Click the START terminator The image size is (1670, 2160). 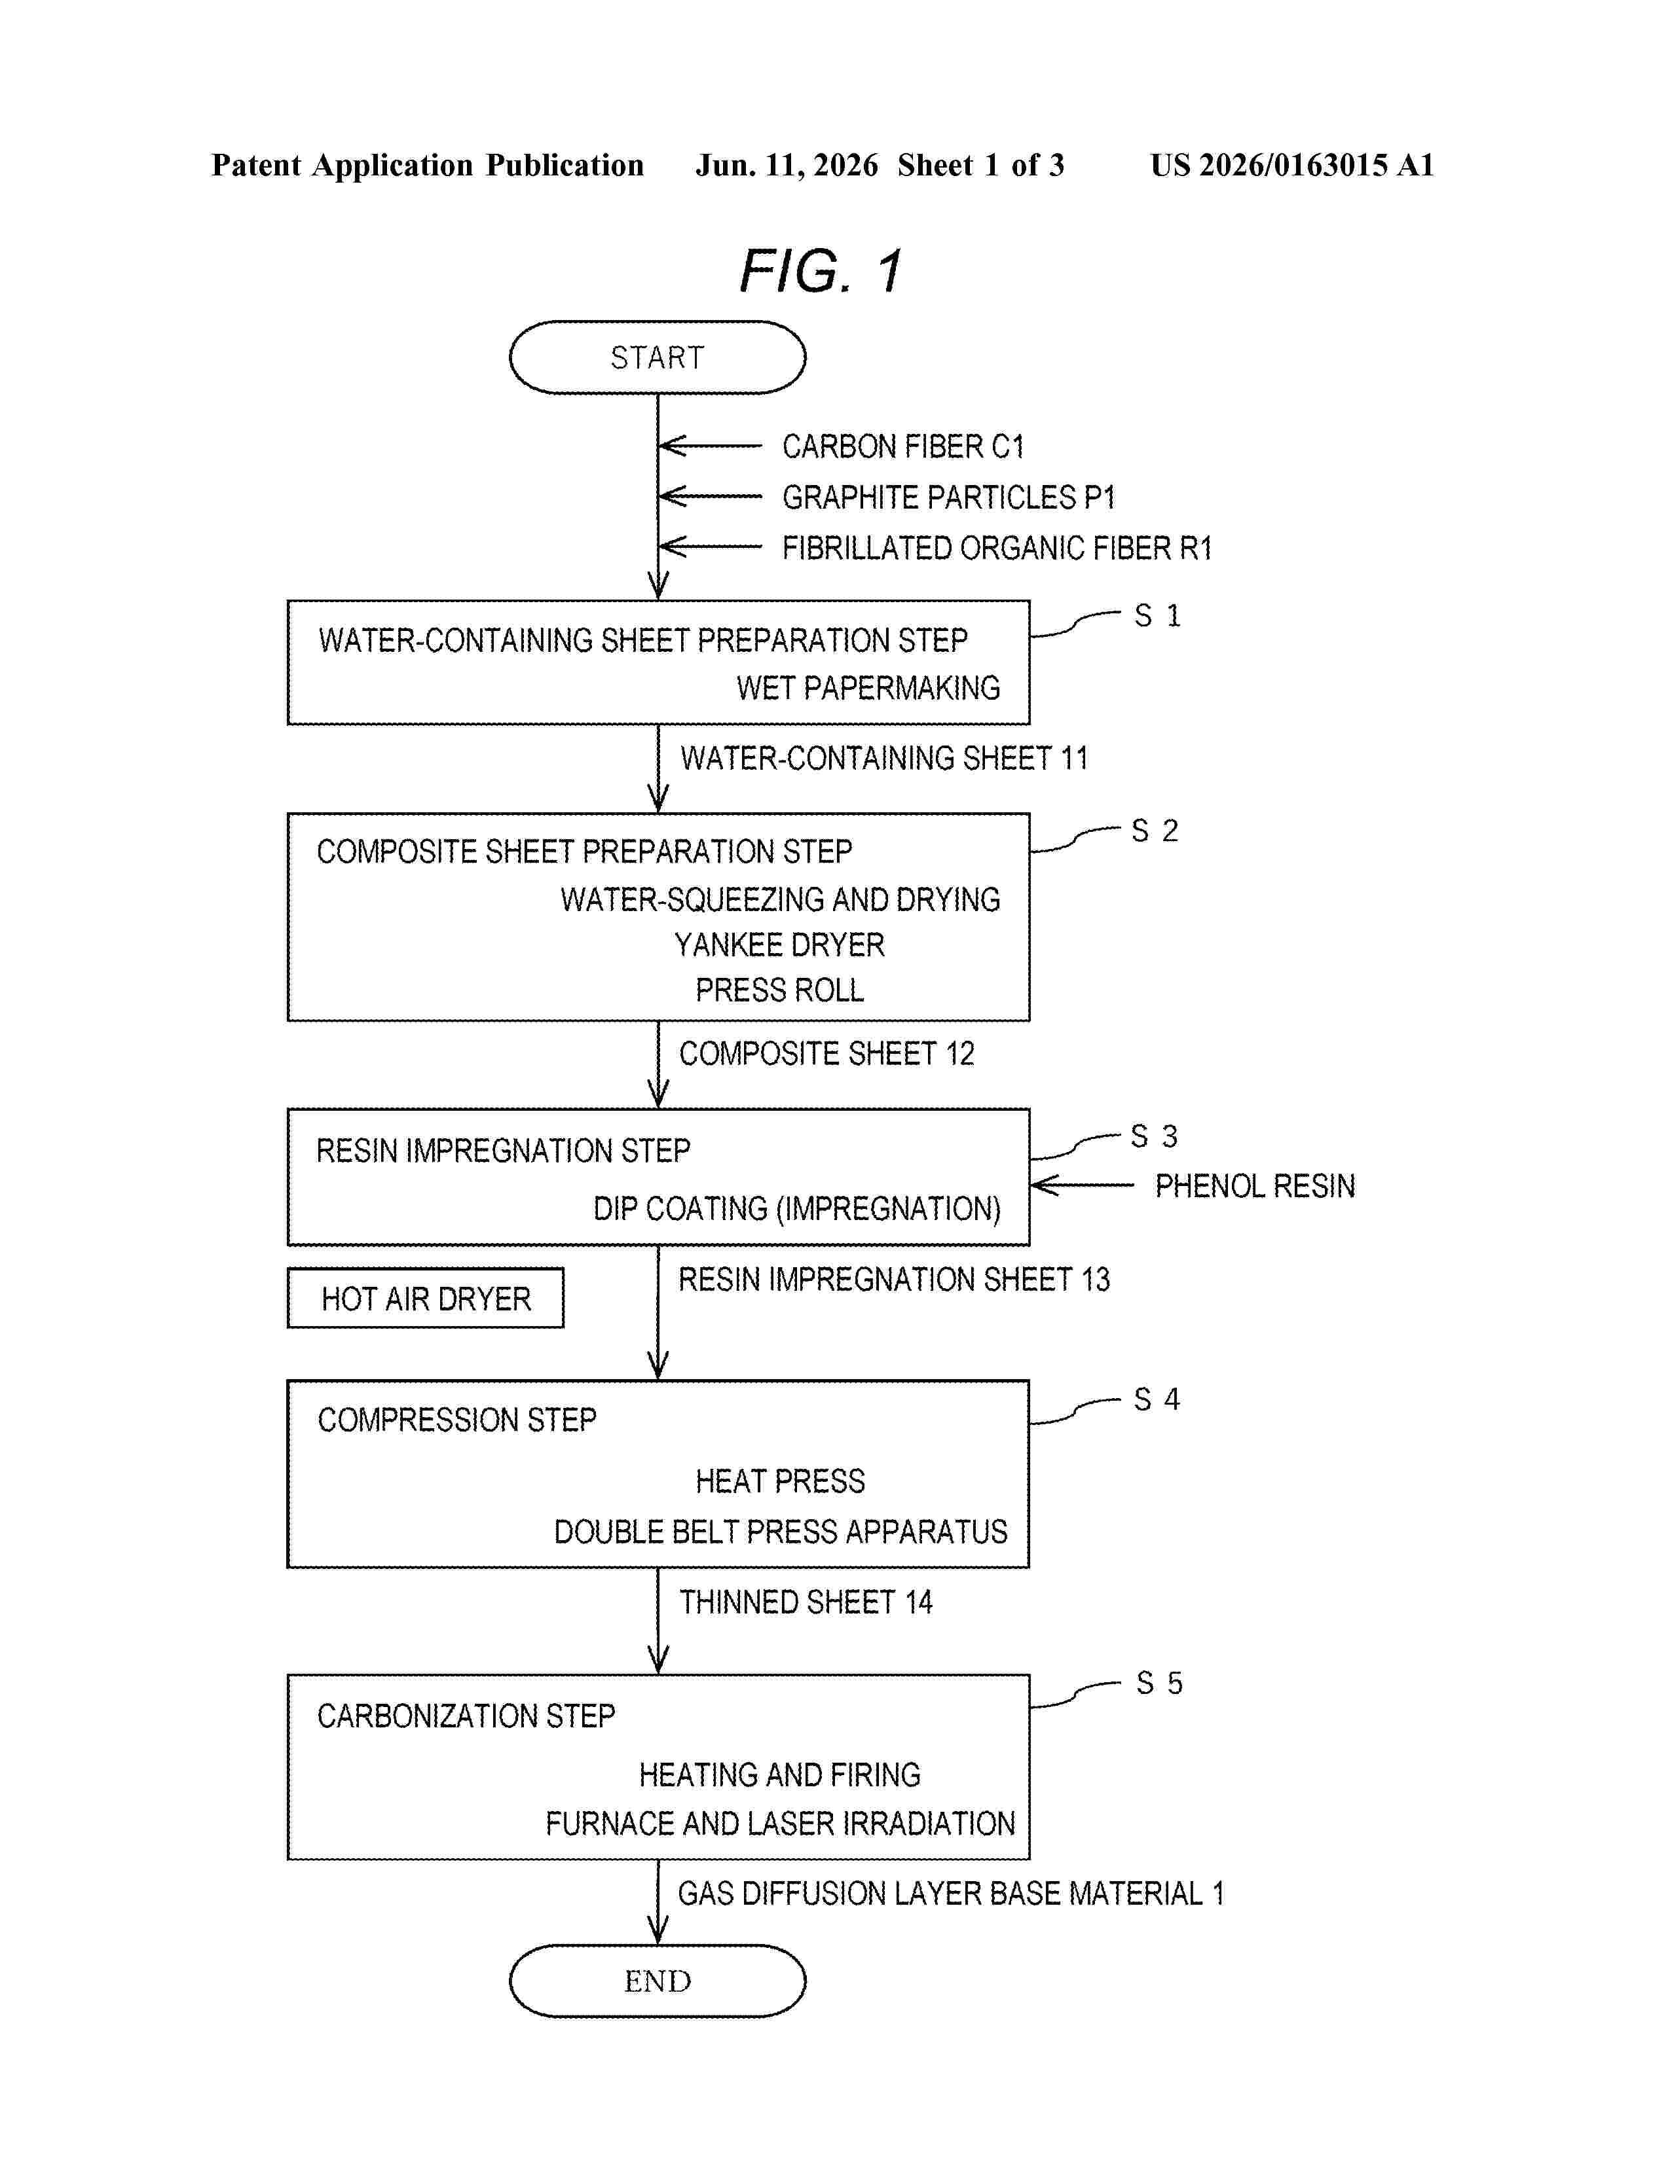657,357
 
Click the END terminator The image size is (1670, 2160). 657,1981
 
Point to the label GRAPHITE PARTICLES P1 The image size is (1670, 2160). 948,497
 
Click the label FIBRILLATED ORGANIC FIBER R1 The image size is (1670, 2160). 996,548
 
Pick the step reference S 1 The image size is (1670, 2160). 1157,615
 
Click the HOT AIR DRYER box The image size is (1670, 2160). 426,1297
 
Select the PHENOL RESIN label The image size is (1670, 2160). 1255,1186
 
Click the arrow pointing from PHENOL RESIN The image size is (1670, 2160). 1083,1185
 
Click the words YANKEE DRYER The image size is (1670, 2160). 779,945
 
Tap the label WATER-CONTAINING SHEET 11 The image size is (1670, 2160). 883,759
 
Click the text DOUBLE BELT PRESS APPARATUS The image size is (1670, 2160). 781,1532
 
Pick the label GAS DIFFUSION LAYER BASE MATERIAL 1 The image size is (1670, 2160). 951,1893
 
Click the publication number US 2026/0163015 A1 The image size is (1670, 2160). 1292,165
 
